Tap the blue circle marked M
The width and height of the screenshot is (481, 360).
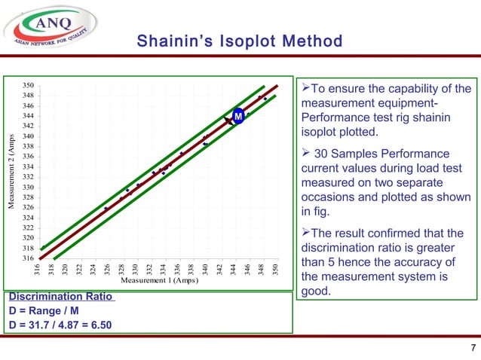coord(237,117)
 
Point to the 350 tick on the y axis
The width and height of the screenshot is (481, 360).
coord(27,85)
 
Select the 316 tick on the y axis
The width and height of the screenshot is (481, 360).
coord(27,258)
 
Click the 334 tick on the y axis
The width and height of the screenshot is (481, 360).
coord(27,166)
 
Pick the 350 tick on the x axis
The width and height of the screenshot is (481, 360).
coord(276,269)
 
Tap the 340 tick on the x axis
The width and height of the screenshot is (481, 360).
coord(206,269)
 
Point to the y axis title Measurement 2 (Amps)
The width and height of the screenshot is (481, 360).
coord(11,172)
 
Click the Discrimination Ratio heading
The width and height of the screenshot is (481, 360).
coord(60,296)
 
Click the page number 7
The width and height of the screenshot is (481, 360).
coord(472,347)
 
